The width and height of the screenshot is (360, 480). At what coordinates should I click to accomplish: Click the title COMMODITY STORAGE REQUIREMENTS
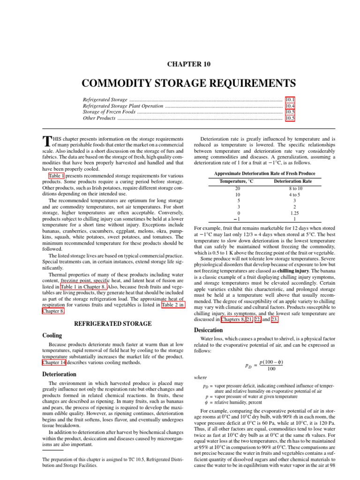[189, 83]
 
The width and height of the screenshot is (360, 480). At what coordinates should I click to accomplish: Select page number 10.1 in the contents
[290, 100]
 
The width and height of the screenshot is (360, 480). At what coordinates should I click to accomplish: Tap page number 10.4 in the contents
[290, 106]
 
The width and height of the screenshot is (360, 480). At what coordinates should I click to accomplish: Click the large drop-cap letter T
[46, 142]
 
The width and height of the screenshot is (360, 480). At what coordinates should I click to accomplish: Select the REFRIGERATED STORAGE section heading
[112, 323]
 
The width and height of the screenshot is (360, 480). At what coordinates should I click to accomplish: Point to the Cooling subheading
[52, 336]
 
